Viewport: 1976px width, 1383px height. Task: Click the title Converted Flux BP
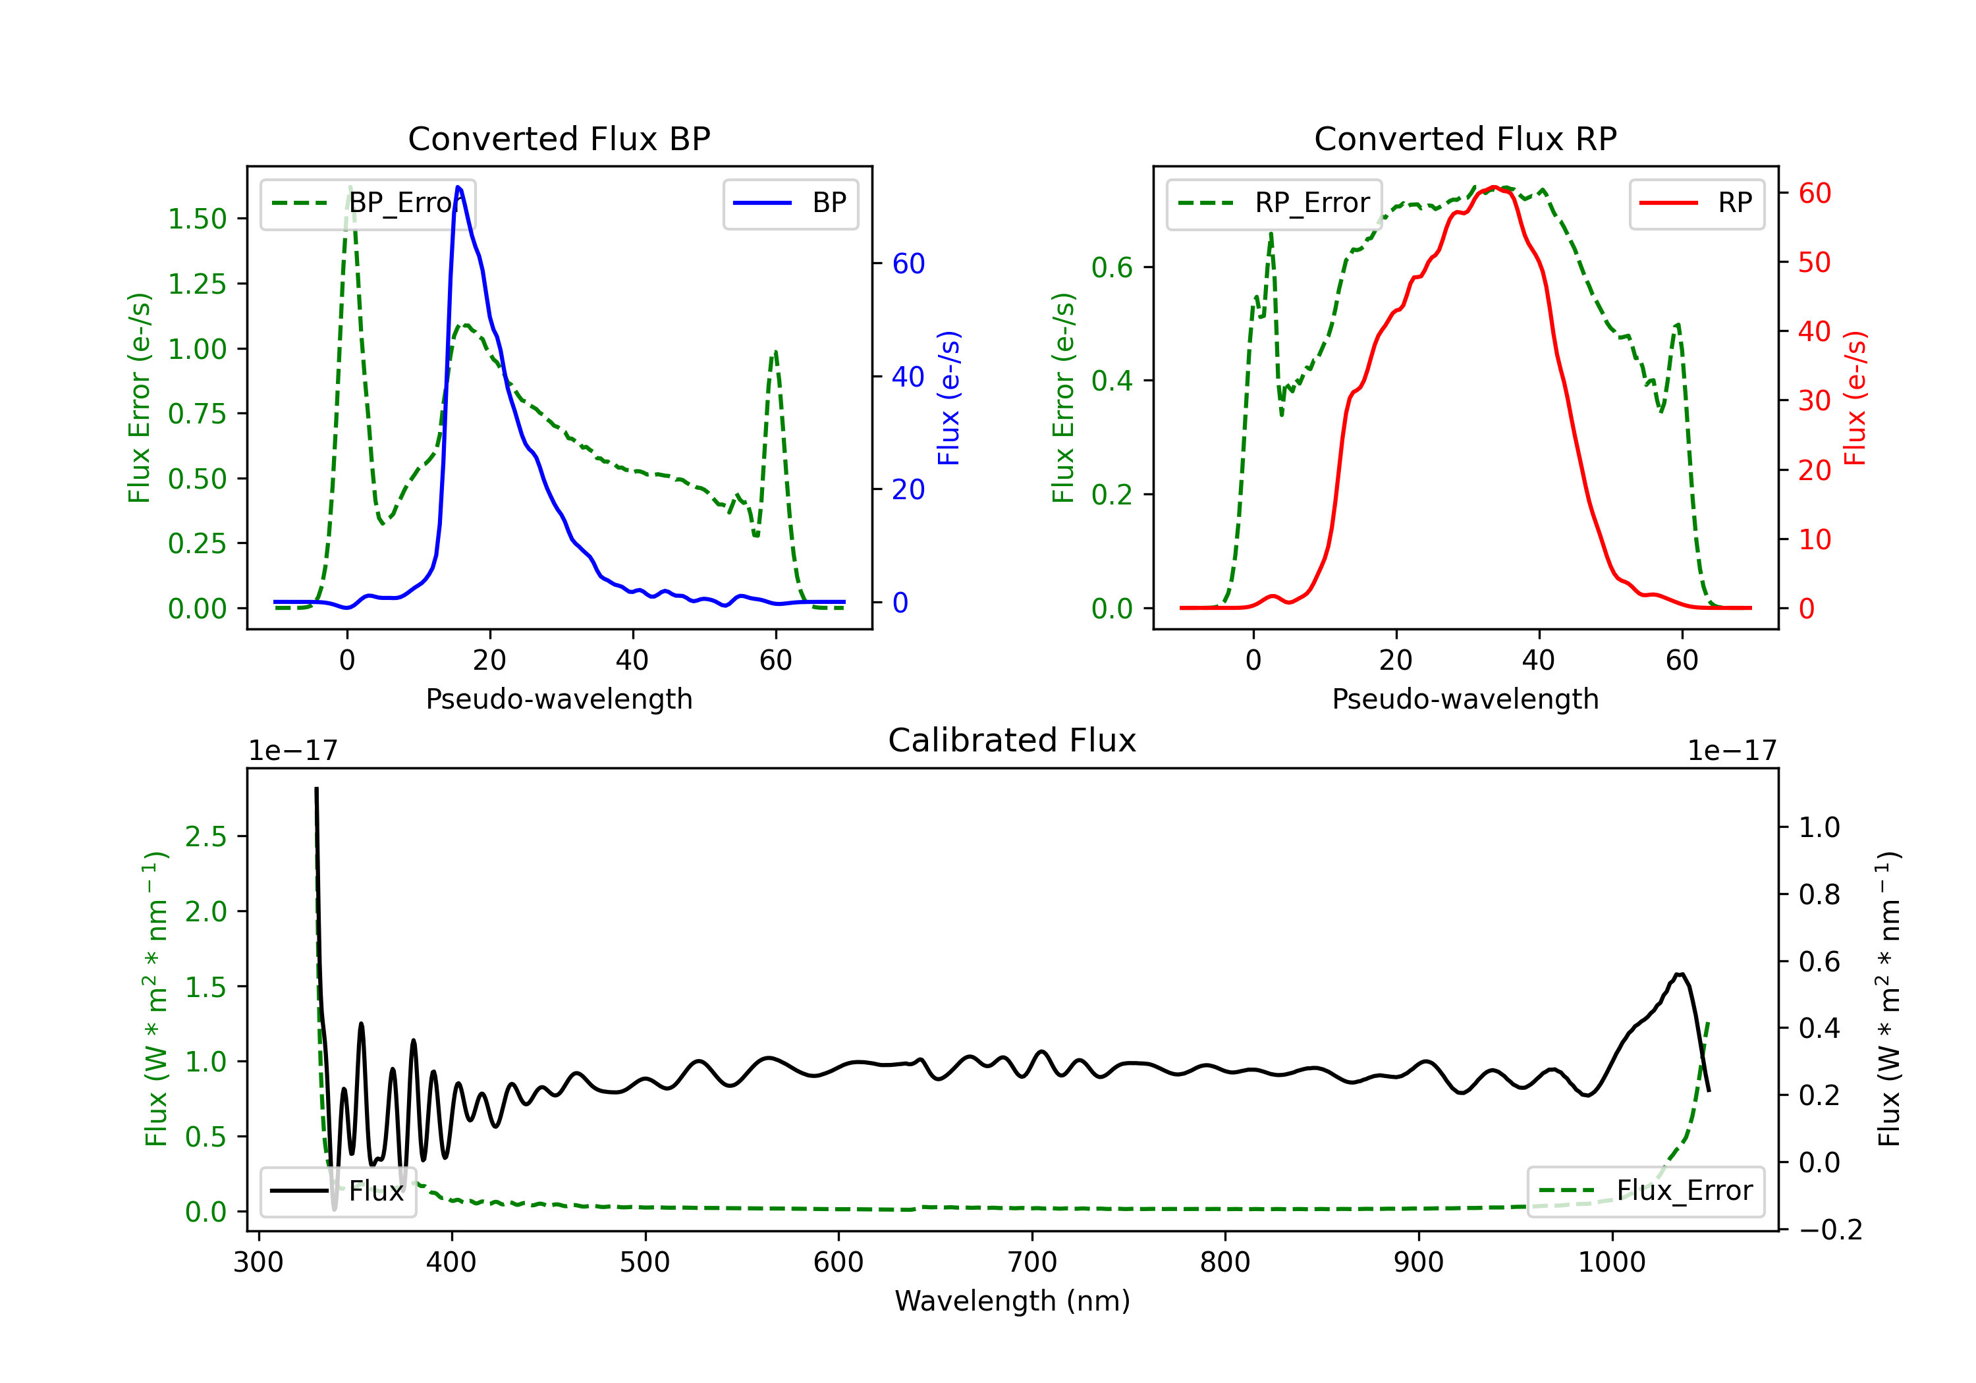tap(559, 138)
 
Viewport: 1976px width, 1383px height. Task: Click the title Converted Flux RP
tap(1465, 138)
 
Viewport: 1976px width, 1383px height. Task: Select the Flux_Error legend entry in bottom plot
tap(1645, 1191)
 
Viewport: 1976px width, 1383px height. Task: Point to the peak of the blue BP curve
tap(458, 187)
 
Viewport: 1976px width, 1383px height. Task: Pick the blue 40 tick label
tap(908, 377)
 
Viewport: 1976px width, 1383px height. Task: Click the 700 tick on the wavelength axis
tap(1032, 1262)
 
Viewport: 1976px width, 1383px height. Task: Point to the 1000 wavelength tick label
tap(1611, 1262)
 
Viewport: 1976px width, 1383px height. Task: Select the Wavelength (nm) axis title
tap(1012, 1301)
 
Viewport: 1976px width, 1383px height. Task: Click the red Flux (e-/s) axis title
tap(1855, 398)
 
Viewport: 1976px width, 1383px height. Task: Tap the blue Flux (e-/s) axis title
tap(948, 398)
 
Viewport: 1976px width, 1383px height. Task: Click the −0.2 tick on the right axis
tap(1830, 1230)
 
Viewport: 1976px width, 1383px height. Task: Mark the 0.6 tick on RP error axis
tap(1112, 267)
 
